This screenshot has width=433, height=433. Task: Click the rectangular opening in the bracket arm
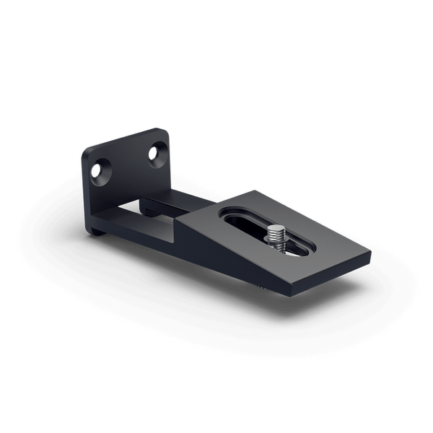pos(155,213)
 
